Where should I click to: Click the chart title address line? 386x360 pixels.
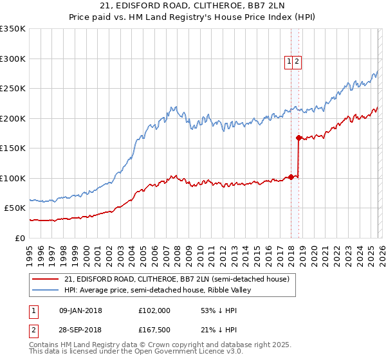click(x=193, y=6)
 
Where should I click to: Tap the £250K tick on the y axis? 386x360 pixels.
click(x=13, y=89)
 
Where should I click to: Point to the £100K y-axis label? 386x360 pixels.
click(x=13, y=178)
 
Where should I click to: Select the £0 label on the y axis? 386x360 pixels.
click(x=21, y=238)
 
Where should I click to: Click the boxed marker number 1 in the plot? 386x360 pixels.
click(x=289, y=62)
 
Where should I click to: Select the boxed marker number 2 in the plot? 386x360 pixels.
click(x=299, y=62)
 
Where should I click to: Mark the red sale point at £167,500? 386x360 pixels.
click(x=299, y=138)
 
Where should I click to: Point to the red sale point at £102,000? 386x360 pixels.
click(x=291, y=177)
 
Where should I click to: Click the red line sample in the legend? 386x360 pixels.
click(x=46, y=279)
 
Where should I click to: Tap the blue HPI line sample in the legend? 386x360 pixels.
click(x=46, y=290)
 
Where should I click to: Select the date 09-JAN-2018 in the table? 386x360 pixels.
click(x=80, y=310)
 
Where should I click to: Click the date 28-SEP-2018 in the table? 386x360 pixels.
click(x=80, y=330)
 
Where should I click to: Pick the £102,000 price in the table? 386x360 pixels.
click(x=154, y=310)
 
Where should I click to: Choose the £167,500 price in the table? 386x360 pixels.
click(x=154, y=330)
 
